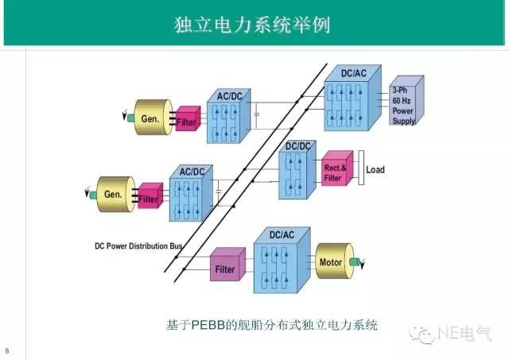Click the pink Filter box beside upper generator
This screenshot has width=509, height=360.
188,120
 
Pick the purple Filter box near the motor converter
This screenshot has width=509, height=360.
225,269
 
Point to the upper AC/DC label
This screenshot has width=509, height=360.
231,96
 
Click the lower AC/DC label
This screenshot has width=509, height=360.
192,172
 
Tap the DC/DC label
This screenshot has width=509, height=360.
297,146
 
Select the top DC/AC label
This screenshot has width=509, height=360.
355,74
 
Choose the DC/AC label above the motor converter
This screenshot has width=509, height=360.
283,235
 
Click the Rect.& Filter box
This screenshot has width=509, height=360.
335,172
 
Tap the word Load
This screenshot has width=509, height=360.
375,170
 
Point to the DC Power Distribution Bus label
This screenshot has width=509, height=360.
134,246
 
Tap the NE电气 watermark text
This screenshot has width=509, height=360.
468,336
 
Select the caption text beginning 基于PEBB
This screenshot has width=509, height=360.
271,325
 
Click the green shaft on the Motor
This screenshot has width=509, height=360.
355,262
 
